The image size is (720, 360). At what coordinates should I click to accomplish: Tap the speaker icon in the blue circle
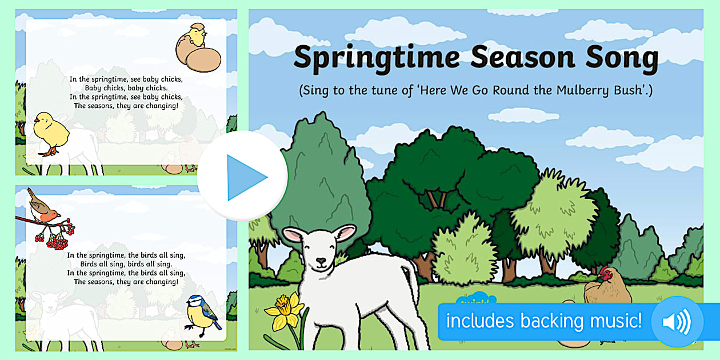(676, 322)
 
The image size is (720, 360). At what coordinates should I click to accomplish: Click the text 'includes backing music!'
(543, 321)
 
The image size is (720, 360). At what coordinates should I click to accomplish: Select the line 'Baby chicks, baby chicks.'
(126, 88)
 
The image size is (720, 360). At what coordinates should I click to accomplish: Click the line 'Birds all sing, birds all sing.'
(126, 264)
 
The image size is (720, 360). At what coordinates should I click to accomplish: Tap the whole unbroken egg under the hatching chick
(203, 60)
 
